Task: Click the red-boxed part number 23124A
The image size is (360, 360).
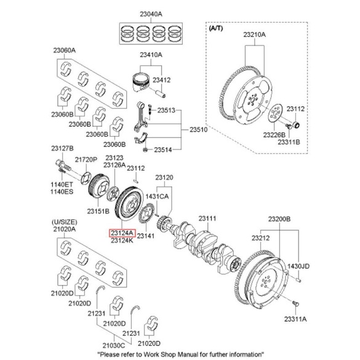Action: pyautogui.click(x=121, y=233)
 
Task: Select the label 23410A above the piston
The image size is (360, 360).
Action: pyautogui.click(x=150, y=55)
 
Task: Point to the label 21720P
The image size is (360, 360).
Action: pyautogui.click(x=86, y=159)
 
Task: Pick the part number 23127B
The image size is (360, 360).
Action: pyautogui.click(x=62, y=150)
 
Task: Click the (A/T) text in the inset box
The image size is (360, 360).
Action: pyautogui.click(x=217, y=28)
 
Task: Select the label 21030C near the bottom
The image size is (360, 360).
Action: pyautogui.click(x=114, y=346)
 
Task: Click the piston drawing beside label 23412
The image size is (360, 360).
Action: pyautogui.click(x=142, y=84)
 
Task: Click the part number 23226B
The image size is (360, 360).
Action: pyautogui.click(x=274, y=134)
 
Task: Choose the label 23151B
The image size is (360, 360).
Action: pyautogui.click(x=97, y=211)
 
